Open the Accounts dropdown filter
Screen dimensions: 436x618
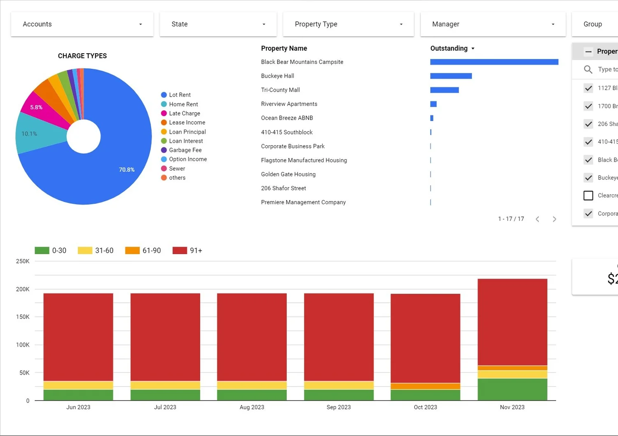click(x=82, y=24)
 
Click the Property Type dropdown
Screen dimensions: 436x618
click(x=348, y=24)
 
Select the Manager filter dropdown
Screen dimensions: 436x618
click(x=493, y=24)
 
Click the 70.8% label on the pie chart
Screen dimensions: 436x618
click(x=126, y=170)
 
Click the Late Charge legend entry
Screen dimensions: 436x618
click(x=184, y=113)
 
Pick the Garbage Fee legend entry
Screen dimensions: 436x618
click(x=185, y=150)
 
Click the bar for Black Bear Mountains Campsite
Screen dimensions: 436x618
click(x=494, y=62)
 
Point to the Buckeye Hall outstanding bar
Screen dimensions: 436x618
click(x=451, y=76)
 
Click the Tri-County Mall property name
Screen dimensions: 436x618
click(x=280, y=90)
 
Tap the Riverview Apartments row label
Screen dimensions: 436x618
click(x=289, y=104)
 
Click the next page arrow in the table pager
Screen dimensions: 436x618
click(x=554, y=219)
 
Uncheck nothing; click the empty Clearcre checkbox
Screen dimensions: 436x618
click(x=588, y=196)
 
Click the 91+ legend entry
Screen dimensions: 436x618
click(x=187, y=250)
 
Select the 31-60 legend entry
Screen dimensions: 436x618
click(x=96, y=250)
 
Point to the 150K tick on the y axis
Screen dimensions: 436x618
click(x=23, y=317)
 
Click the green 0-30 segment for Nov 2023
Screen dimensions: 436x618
click(x=512, y=389)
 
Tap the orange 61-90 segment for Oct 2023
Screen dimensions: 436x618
click(x=425, y=386)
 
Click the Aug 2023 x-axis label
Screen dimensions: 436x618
click(x=252, y=407)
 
